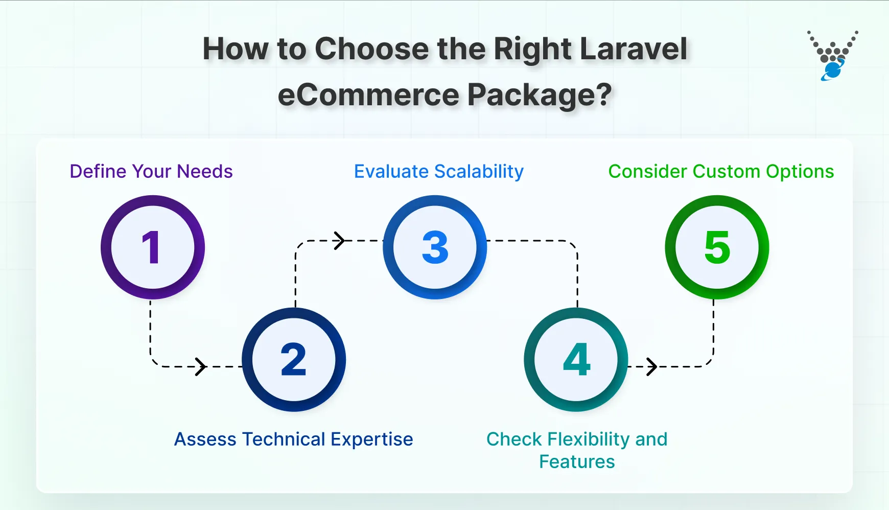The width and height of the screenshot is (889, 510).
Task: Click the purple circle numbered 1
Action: pyautogui.click(x=152, y=247)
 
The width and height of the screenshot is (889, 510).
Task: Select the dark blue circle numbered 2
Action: pyautogui.click(x=294, y=360)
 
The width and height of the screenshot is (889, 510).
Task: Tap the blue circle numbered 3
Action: pyautogui.click(x=435, y=247)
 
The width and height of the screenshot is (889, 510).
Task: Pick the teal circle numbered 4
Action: pyautogui.click(x=576, y=360)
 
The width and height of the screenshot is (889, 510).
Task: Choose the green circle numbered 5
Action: pyautogui.click(x=717, y=247)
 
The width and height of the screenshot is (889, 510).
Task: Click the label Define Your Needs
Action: pyautogui.click(x=151, y=172)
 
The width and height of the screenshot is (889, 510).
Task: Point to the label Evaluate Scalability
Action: pyautogui.click(x=439, y=172)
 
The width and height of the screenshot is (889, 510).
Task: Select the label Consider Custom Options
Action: pyautogui.click(x=721, y=172)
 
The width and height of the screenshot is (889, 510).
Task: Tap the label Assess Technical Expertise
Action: pyautogui.click(x=294, y=439)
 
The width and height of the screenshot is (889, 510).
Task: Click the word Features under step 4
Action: pyautogui.click(x=577, y=462)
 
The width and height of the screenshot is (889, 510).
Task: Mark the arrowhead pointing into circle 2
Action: pyautogui.click(x=201, y=366)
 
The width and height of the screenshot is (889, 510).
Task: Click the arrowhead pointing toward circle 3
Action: pyautogui.click(x=340, y=240)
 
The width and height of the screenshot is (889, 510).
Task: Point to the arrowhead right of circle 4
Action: pyautogui.click(x=652, y=366)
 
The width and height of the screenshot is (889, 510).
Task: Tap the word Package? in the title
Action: pyautogui.click(x=540, y=96)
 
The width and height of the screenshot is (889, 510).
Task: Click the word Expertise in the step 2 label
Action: pyautogui.click(x=371, y=439)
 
